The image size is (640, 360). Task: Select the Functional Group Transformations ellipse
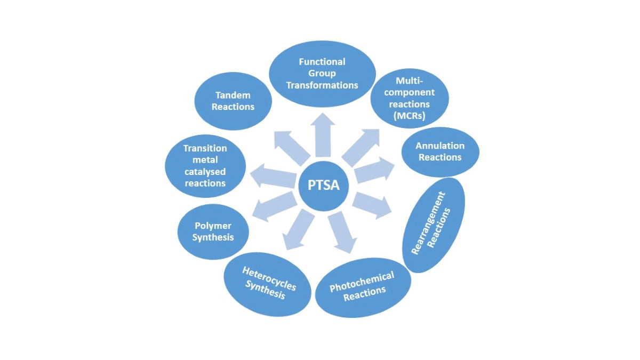[x=322, y=74]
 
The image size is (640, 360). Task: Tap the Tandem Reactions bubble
[x=233, y=101]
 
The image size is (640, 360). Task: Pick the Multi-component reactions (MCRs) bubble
[x=409, y=99]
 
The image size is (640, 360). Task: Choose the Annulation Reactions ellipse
[x=440, y=151]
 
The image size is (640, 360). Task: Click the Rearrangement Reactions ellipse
[x=434, y=224]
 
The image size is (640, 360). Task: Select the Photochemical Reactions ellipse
[x=363, y=287]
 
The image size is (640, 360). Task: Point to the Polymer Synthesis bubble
[x=213, y=231]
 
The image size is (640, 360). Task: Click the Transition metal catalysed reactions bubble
[x=205, y=165]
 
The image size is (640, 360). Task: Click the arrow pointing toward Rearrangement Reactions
[x=371, y=204]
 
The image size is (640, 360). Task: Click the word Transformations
[x=322, y=85]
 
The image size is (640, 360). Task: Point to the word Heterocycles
[x=269, y=278]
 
